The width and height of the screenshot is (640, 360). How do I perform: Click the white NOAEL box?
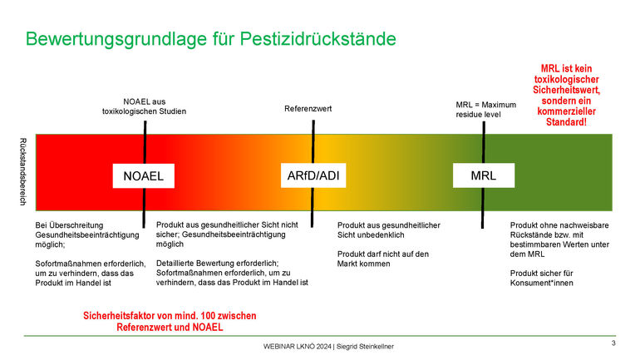(x=143, y=176)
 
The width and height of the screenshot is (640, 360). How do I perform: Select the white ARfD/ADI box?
(x=314, y=176)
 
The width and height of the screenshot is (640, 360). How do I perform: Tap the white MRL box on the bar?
(x=483, y=175)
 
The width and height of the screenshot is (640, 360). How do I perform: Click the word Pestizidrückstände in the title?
(x=316, y=38)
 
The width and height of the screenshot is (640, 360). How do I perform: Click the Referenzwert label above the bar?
(x=308, y=109)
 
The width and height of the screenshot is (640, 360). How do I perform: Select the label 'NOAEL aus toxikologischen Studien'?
(x=144, y=106)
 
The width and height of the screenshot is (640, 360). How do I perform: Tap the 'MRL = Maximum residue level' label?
(x=486, y=110)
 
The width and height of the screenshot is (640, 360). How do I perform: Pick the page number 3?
(x=613, y=343)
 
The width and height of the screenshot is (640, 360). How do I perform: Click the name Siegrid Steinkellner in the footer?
(x=366, y=346)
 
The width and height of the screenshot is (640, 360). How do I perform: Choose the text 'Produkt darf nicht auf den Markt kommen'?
(x=383, y=259)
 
